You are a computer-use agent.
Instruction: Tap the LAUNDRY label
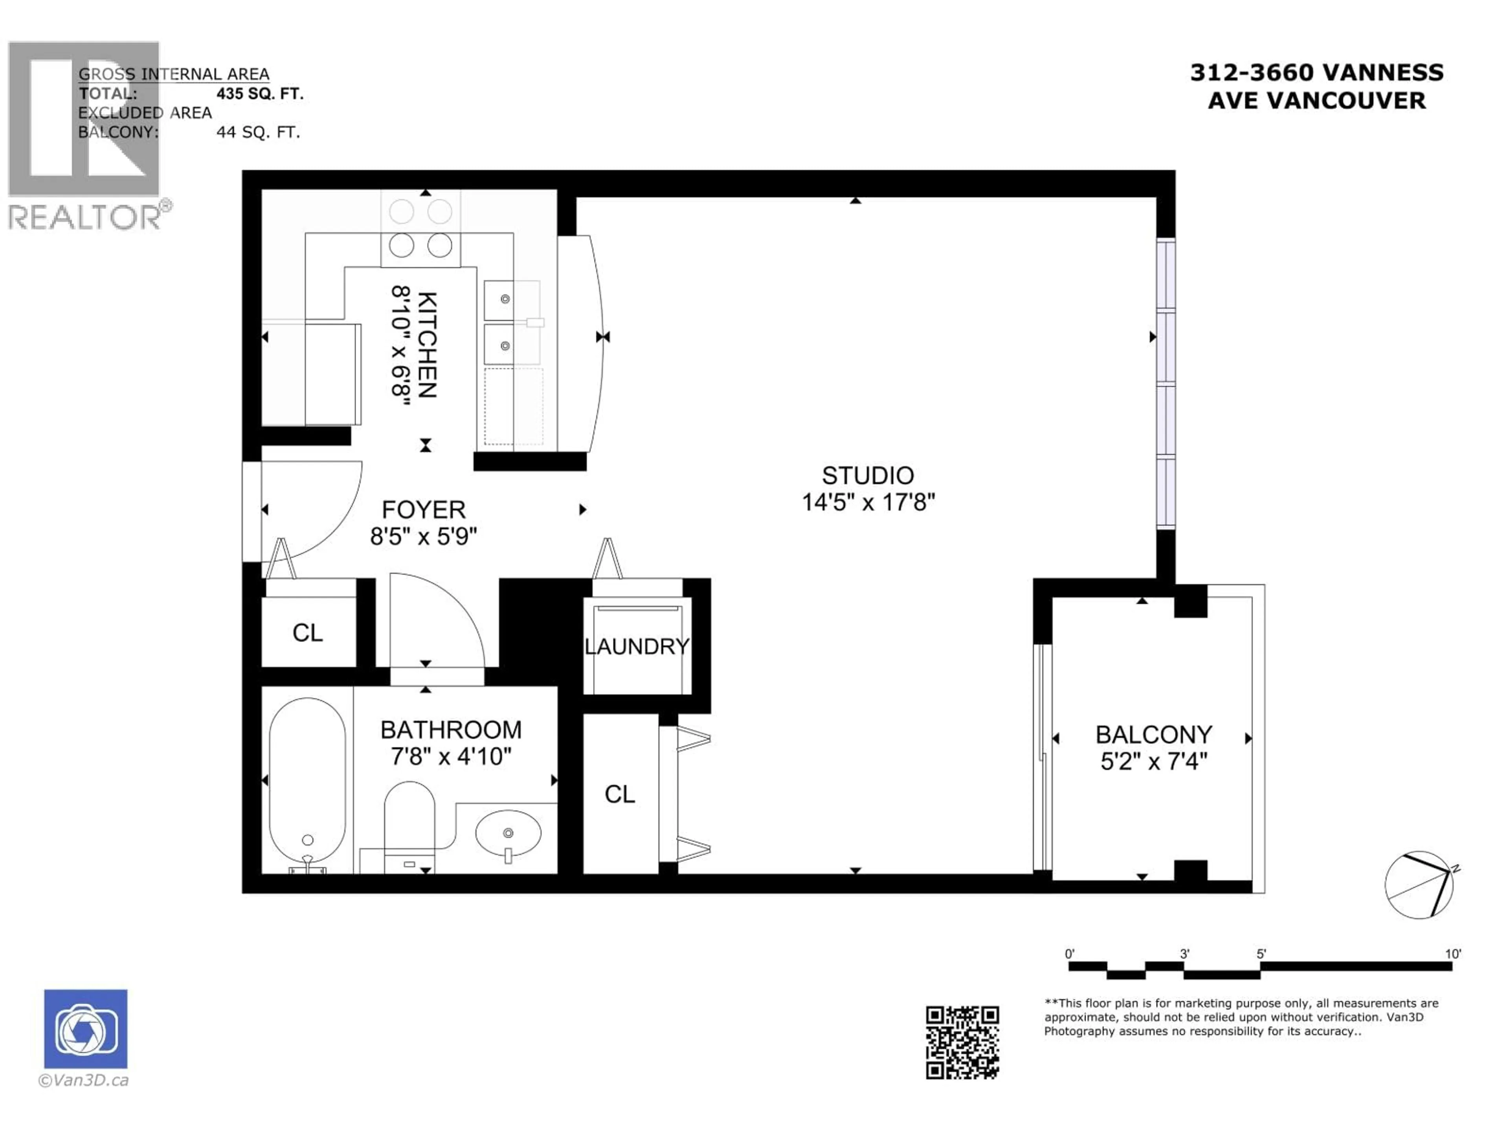637,646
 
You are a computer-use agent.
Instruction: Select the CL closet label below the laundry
619,794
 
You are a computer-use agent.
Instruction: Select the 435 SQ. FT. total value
259,94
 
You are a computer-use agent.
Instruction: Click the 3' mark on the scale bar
1184,954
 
